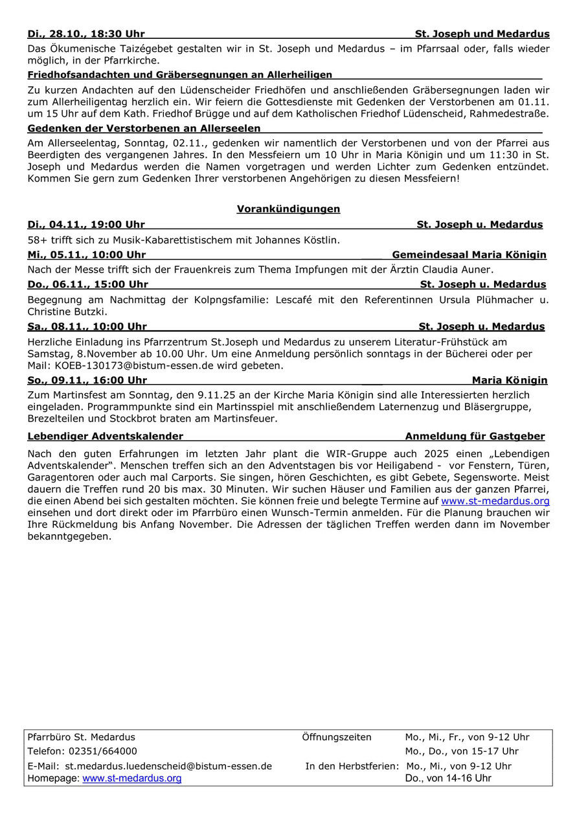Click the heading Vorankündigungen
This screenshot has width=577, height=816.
[288, 209]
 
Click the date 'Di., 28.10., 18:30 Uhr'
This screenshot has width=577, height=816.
[86, 34]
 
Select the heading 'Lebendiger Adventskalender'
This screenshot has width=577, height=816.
[105, 436]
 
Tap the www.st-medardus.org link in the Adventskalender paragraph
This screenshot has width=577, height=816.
[495, 501]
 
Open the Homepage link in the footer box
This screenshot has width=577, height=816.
[131, 778]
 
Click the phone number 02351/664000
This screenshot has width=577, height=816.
[100, 751]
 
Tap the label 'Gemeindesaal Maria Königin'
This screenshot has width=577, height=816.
[469, 255]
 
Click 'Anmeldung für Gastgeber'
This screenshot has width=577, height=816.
[475, 436]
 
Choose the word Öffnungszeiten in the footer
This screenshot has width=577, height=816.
[337, 737]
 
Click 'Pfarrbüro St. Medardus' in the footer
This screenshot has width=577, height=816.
[82, 737]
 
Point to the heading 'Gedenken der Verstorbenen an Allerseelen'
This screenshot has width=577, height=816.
[144, 128]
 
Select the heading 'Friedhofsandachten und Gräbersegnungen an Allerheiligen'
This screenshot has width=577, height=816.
[179, 75]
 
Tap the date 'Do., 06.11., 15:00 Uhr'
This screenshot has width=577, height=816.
[88, 284]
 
